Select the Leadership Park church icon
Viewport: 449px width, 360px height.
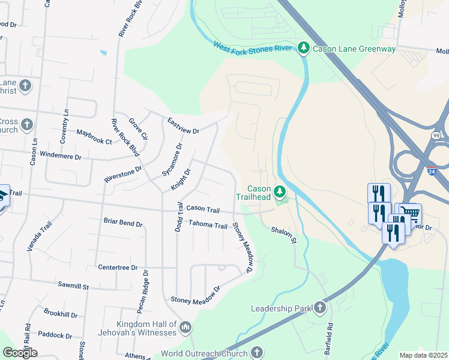pyautogui.click(x=319, y=308)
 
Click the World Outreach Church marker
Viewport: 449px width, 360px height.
pyautogui.click(x=257, y=352)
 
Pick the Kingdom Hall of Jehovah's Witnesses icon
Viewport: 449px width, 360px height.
pyautogui.click(x=185, y=327)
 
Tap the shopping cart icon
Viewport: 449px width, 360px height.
pyautogui.click(x=410, y=213)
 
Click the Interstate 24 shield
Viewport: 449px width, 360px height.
pyautogui.click(x=432, y=171)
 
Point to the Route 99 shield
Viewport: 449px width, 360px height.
pyautogui.click(x=436, y=136)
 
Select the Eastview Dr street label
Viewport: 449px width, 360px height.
pyautogui.click(x=183, y=125)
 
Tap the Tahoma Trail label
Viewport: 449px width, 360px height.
pyautogui.click(x=208, y=226)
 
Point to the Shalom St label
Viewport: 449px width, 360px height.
pyautogui.click(x=284, y=234)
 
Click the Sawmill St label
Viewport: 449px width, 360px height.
pyautogui.click(x=73, y=287)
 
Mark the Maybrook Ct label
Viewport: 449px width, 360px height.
pyautogui.click(x=94, y=137)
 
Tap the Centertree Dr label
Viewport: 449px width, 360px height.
pyautogui.click(x=118, y=268)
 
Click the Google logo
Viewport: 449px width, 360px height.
pyautogui.click(x=20, y=352)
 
